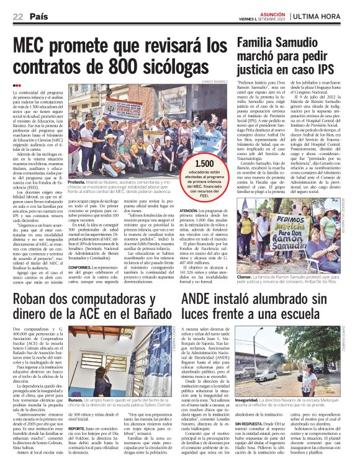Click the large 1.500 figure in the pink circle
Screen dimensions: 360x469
[212, 163]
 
